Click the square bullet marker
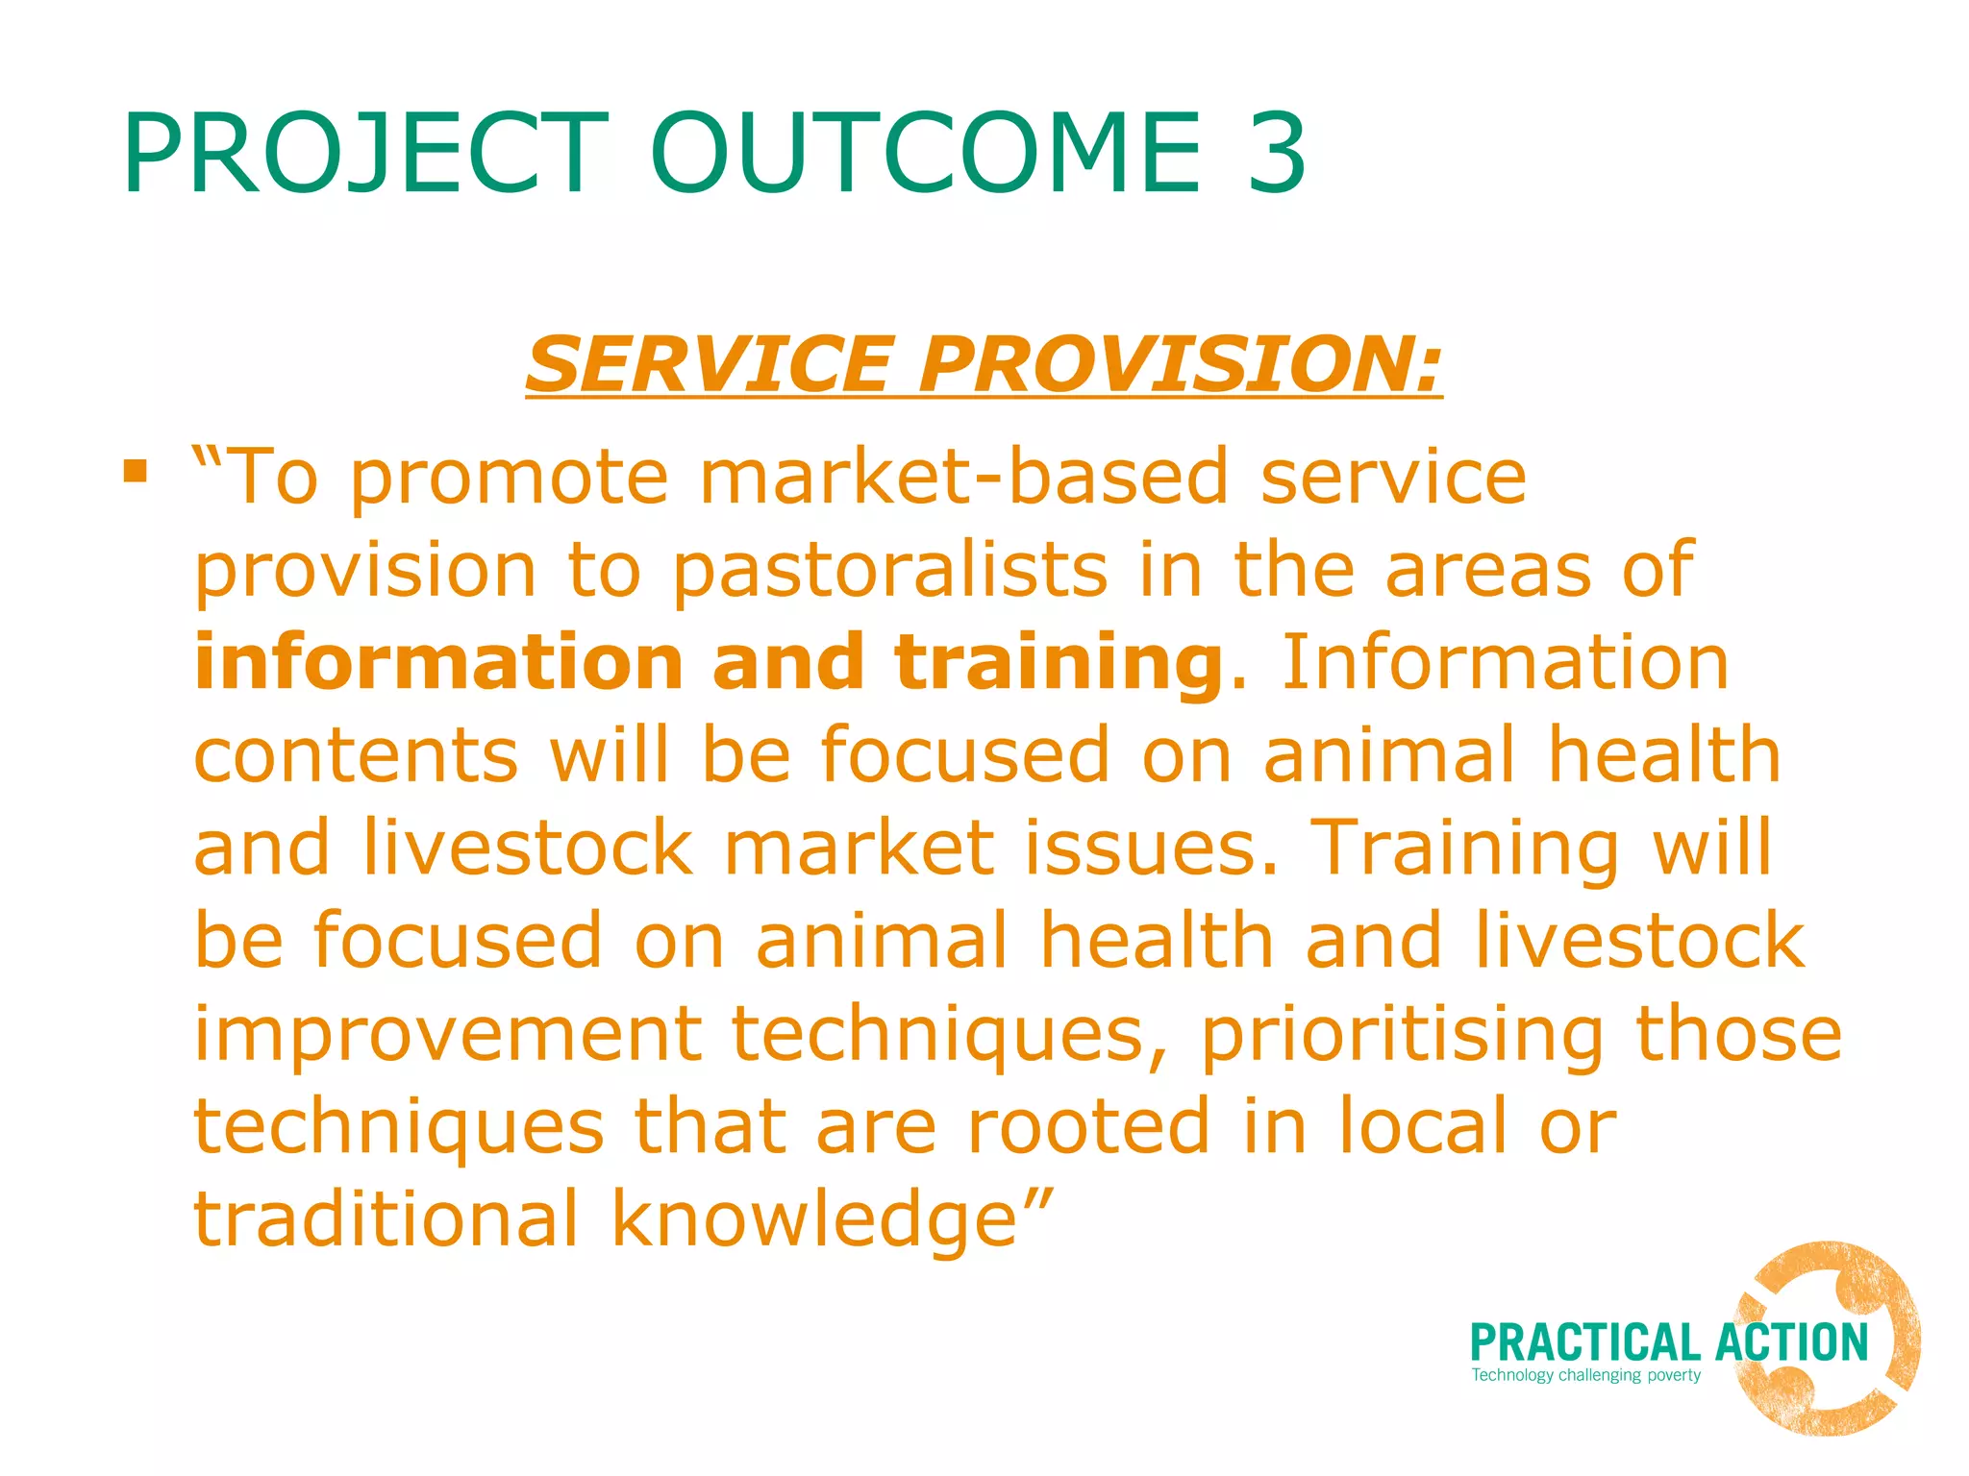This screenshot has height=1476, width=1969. click(x=136, y=471)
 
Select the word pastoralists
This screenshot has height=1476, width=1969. click(x=889, y=571)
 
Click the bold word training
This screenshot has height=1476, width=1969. click(x=1058, y=663)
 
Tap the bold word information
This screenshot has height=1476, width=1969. click(x=438, y=663)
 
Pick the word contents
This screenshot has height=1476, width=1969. click(x=356, y=755)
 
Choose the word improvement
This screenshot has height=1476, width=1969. click(x=448, y=1034)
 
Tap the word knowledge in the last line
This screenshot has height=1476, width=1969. click(x=815, y=1218)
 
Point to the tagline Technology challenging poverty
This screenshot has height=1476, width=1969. click(x=1585, y=1375)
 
